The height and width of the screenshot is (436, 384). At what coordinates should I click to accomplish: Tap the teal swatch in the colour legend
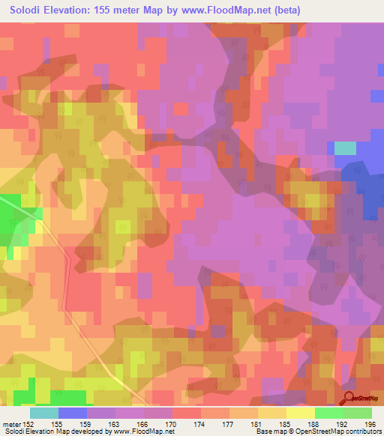44,413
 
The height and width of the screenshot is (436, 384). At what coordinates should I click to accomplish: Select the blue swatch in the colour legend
73,413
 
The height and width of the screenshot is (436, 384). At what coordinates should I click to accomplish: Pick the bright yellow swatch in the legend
301,413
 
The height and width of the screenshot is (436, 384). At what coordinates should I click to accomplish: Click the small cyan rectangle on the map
345,148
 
